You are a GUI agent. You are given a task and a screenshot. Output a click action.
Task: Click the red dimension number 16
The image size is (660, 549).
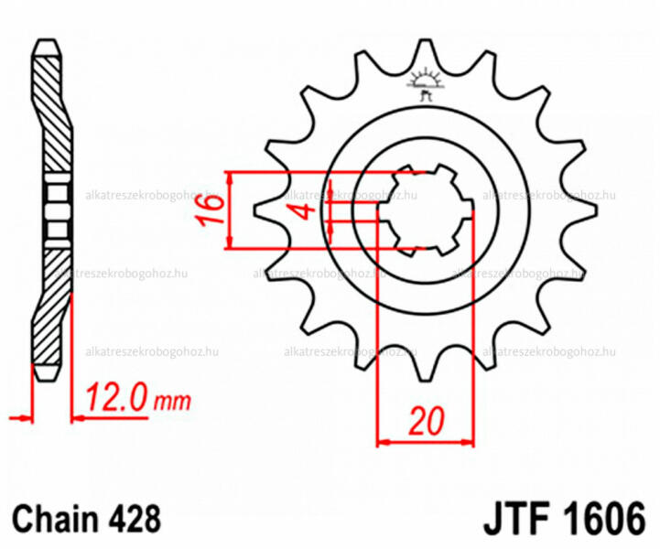click(x=210, y=210)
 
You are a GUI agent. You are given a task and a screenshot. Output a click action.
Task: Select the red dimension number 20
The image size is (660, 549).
click(x=426, y=421)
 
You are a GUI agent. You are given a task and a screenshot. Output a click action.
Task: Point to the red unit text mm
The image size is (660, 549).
click(x=172, y=403)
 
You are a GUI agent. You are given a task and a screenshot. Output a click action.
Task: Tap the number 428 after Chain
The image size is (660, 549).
click(x=135, y=518)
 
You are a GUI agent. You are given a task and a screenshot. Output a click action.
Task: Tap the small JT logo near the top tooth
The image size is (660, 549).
click(x=426, y=83)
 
